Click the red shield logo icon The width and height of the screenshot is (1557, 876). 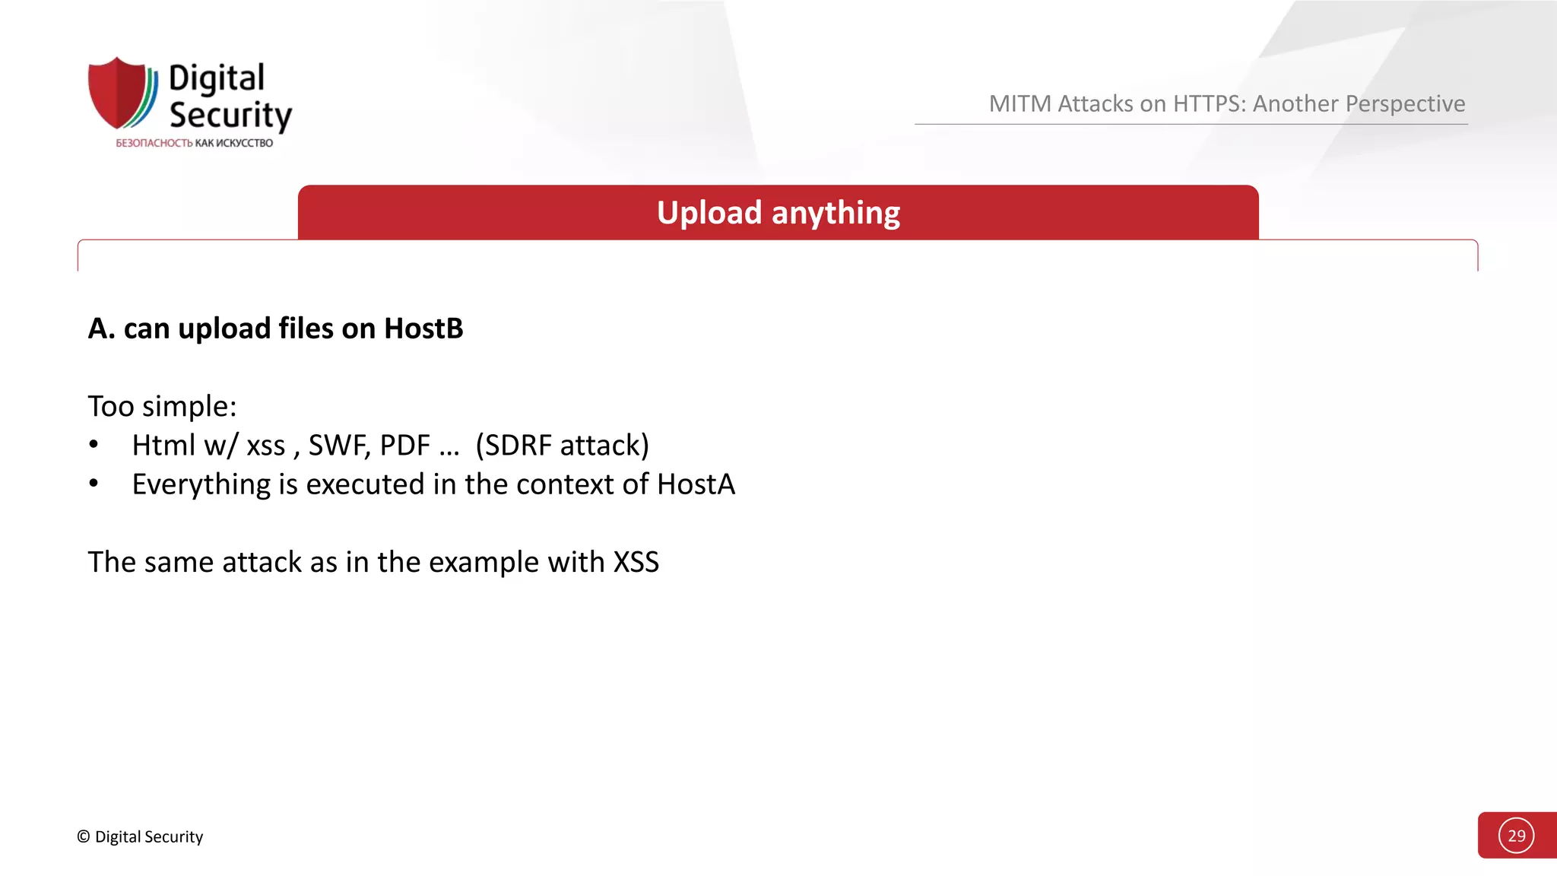point(119,93)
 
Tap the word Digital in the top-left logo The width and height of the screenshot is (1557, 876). point(217,78)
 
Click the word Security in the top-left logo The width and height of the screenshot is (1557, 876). point(230,115)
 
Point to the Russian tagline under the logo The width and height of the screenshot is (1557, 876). point(194,143)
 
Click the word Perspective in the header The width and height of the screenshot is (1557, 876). point(1359,103)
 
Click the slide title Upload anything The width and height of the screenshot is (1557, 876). point(778,213)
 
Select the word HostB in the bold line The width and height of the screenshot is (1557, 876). point(423,328)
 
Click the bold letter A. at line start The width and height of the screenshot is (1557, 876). point(101,328)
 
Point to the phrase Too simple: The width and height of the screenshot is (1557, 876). point(162,406)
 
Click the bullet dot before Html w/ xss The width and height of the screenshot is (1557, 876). point(94,445)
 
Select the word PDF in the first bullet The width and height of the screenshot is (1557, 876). point(404,446)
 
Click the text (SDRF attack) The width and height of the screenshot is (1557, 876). point(562,446)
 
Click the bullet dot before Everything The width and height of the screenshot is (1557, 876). point(94,484)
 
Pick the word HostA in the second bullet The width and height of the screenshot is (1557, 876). point(696,484)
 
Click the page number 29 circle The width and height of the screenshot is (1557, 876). point(1516,836)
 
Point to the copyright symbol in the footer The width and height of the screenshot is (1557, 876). point(84,836)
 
